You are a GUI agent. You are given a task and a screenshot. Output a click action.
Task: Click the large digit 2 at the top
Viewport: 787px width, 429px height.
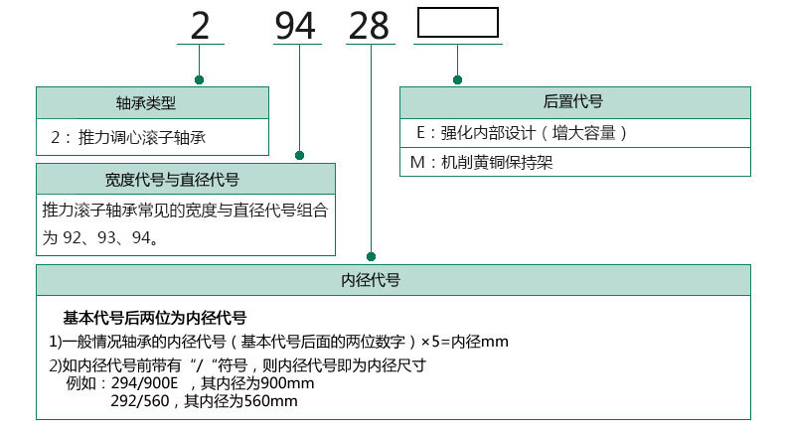(200, 26)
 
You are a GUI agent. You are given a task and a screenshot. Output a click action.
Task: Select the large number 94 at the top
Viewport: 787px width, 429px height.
(295, 26)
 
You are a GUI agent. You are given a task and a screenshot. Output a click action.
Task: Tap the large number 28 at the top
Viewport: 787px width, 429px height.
(369, 26)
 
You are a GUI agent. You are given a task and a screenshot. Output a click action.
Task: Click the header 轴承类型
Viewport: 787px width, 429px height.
(152, 102)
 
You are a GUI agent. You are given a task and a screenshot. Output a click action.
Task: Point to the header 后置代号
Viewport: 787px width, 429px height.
(574, 101)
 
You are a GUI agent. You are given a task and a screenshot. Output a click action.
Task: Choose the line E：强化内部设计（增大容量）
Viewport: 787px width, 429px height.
(522, 132)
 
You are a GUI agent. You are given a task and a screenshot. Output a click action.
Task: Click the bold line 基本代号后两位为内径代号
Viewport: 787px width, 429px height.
(154, 319)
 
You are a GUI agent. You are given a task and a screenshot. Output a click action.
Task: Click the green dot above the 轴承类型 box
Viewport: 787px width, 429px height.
(200, 78)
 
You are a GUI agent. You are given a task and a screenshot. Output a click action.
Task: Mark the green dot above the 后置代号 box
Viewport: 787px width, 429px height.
(457, 78)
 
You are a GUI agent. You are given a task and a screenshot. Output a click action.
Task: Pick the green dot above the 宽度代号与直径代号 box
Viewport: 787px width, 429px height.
(299, 155)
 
